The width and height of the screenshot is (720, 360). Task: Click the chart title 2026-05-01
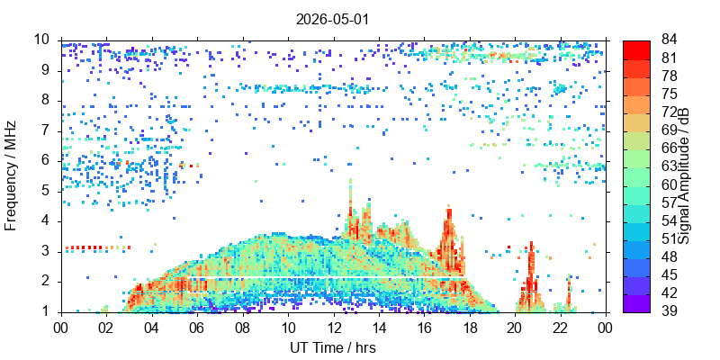332,19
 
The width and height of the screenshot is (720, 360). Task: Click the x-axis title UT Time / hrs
333,347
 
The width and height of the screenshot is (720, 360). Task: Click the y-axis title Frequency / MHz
10,175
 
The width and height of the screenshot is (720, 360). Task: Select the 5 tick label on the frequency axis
52,192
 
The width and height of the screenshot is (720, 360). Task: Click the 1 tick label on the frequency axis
52,312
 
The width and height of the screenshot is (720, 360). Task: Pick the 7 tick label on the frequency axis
52,131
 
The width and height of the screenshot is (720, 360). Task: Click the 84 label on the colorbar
669,40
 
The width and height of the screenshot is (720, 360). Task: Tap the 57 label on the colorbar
669,202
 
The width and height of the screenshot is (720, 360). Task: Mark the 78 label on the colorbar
669,76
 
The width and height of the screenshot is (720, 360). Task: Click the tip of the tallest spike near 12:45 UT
350,179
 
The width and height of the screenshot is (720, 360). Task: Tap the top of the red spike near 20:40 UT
531,242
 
